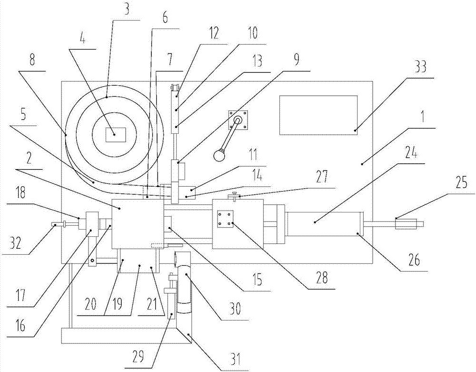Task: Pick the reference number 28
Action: click(x=323, y=279)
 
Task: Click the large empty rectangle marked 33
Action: click(x=318, y=115)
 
